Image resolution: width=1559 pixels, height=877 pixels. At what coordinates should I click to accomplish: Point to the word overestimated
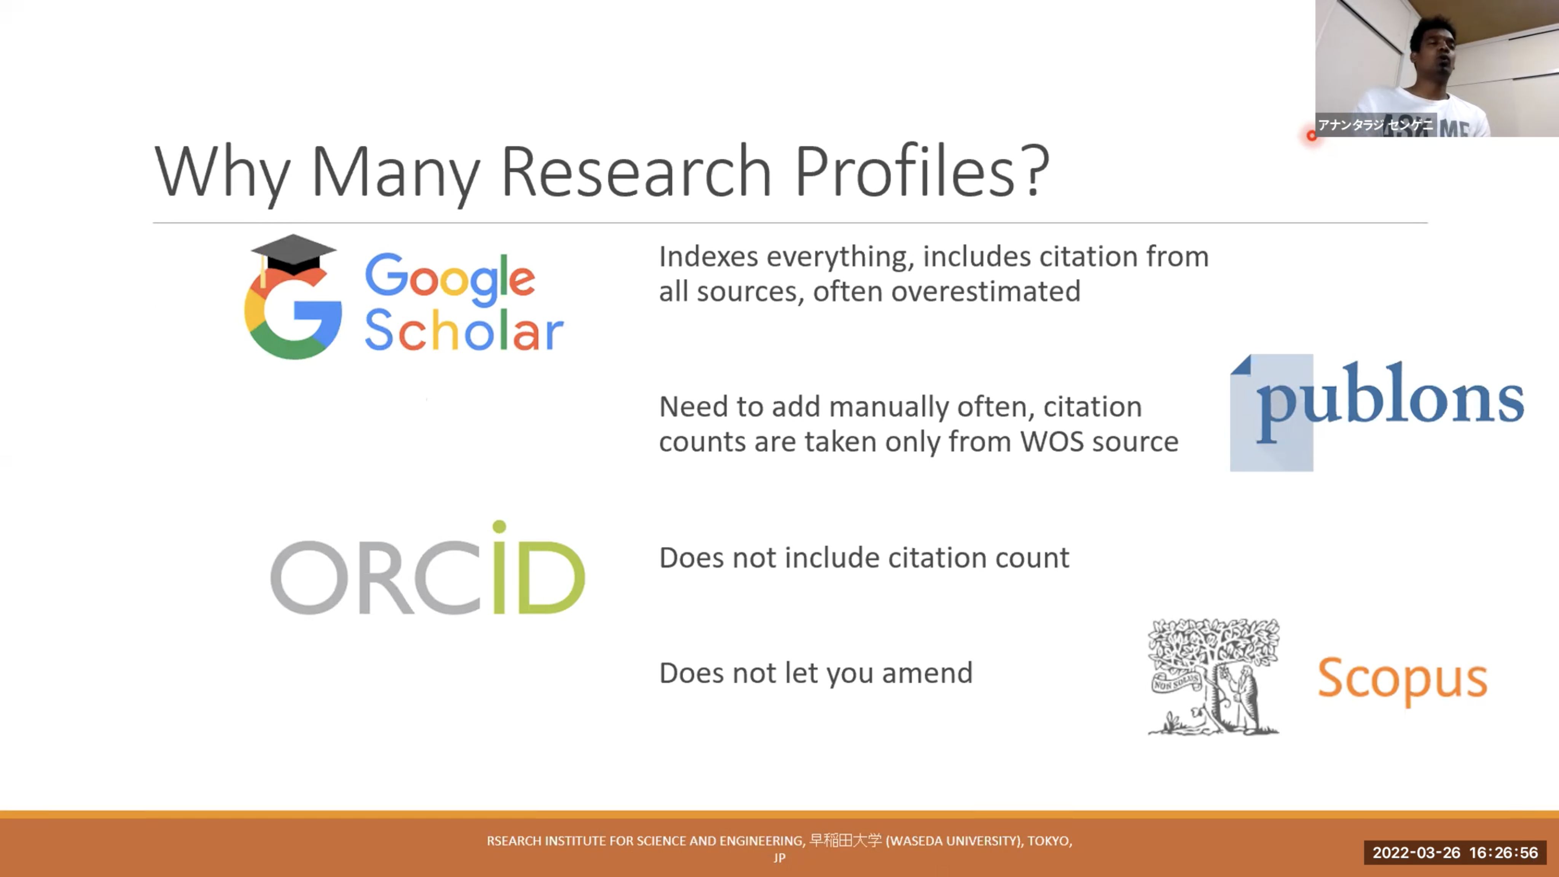tap(985, 291)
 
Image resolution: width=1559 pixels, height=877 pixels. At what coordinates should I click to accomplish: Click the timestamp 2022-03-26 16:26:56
tap(1455, 853)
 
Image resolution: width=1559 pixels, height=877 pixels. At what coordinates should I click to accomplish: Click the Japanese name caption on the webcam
tap(1375, 125)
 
